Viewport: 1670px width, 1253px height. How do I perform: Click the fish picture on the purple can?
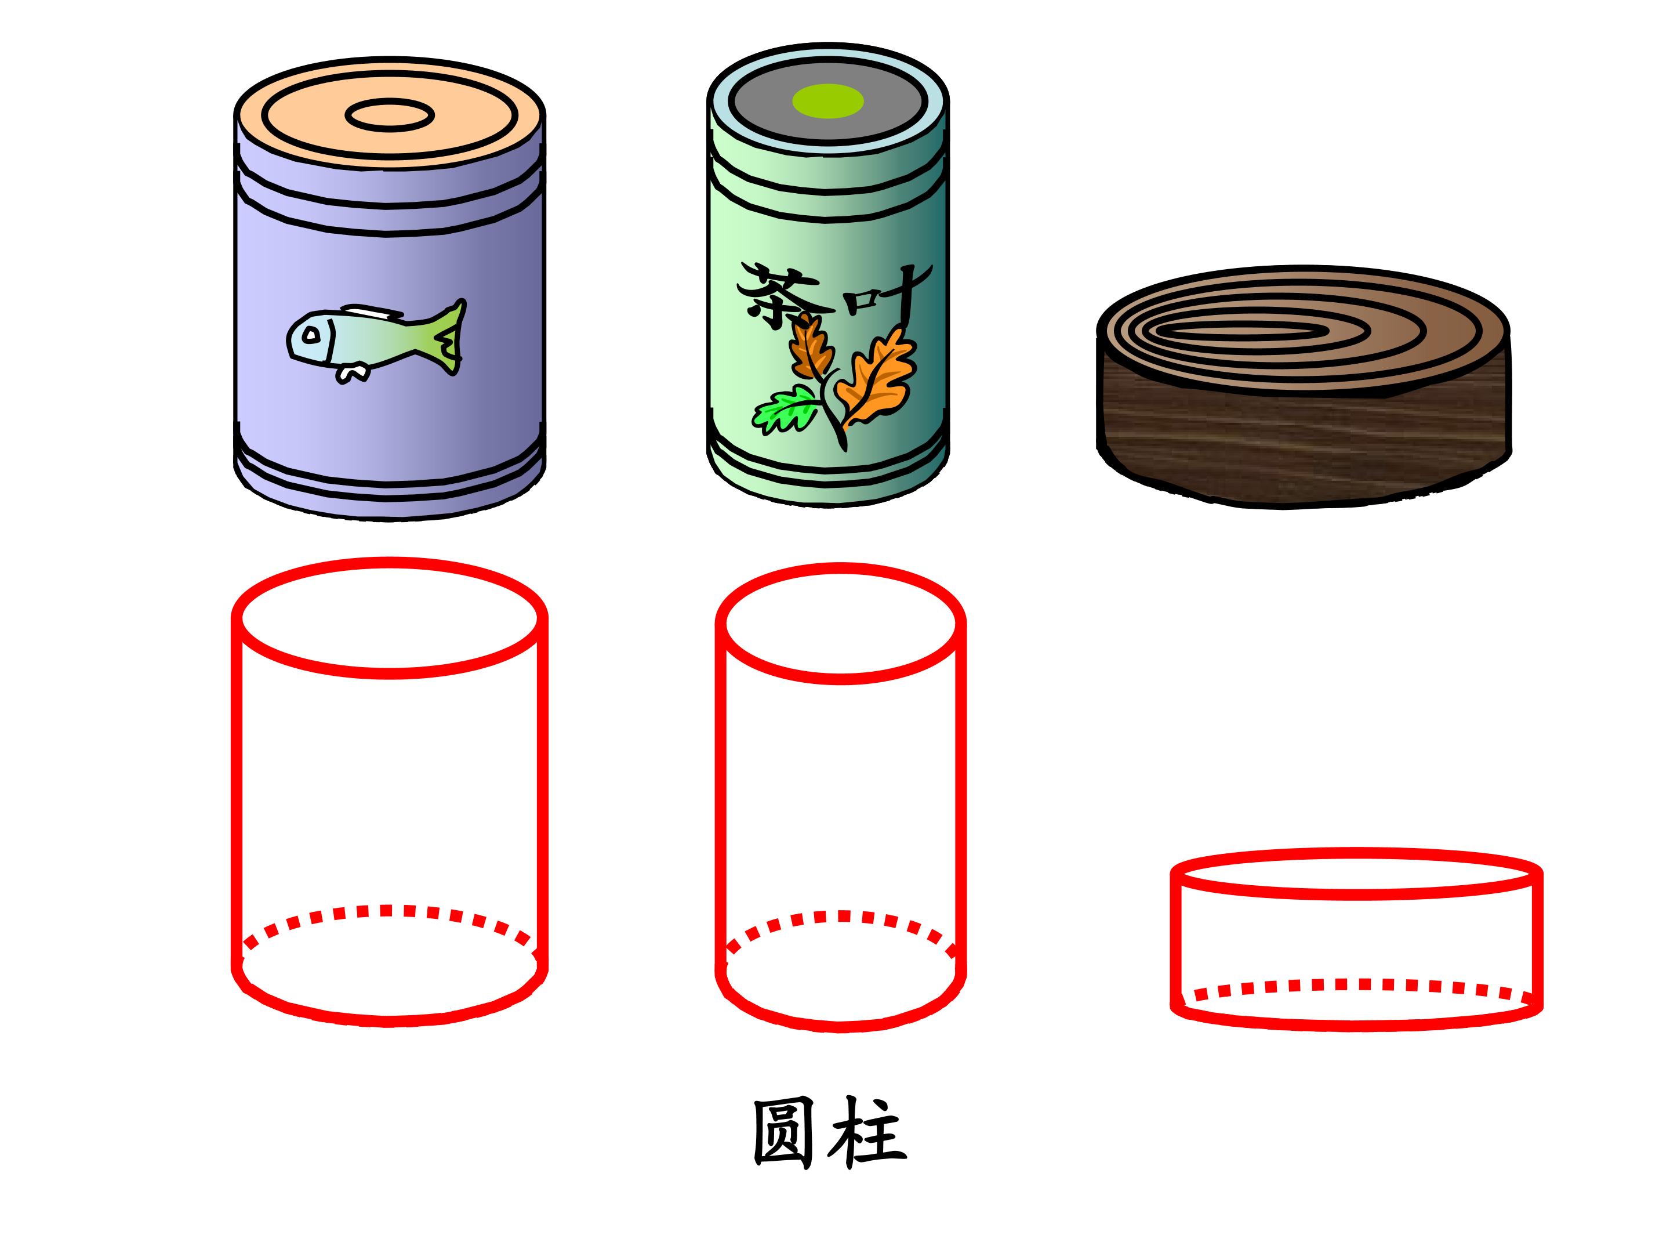pyautogui.click(x=376, y=340)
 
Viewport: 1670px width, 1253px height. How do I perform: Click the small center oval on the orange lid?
pyautogui.click(x=390, y=115)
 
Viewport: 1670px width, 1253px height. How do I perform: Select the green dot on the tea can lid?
pyautogui.click(x=827, y=101)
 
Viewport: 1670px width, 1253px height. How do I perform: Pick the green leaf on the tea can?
pyautogui.click(x=785, y=408)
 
